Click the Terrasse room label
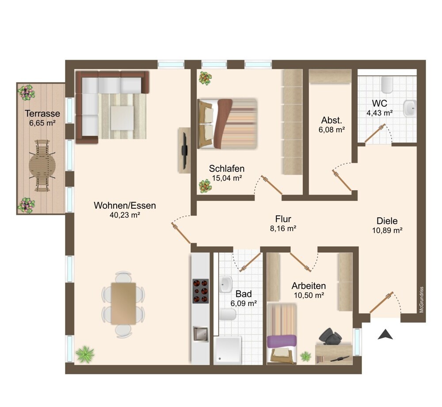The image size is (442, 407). pos(42,113)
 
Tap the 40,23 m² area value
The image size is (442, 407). pos(125,215)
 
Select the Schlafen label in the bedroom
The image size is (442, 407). pos(227,169)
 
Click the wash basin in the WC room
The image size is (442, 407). pos(410,108)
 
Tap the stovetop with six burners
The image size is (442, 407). pos(200,291)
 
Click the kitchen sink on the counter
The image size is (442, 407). pos(200,334)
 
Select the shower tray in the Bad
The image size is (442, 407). pos(228,350)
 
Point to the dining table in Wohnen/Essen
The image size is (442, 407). pos(123,303)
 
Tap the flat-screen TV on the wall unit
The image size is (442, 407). pos(184,150)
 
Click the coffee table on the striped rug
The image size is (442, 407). pos(122,118)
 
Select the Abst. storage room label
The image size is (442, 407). pos(331,120)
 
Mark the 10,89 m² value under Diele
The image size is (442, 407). pos(387,230)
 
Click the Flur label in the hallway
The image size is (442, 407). pos(283,219)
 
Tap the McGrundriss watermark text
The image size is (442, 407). pos(421,299)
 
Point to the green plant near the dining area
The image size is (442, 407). pos(85,354)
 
